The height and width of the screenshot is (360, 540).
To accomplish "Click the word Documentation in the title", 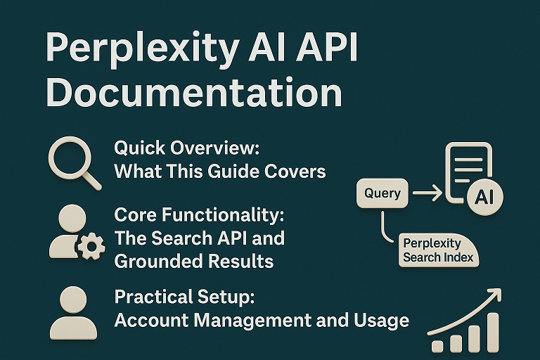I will pyautogui.click(x=194, y=93).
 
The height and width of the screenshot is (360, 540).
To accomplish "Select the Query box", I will pyautogui.click(x=382, y=193).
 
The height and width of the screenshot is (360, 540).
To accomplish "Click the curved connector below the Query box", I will pyautogui.click(x=384, y=229).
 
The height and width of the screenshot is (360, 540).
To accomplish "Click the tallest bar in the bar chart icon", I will pyautogui.click(x=492, y=331).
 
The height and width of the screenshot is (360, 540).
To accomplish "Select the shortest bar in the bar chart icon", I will pyautogui.click(x=437, y=345).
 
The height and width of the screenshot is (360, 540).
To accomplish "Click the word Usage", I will pyautogui.click(x=380, y=320).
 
